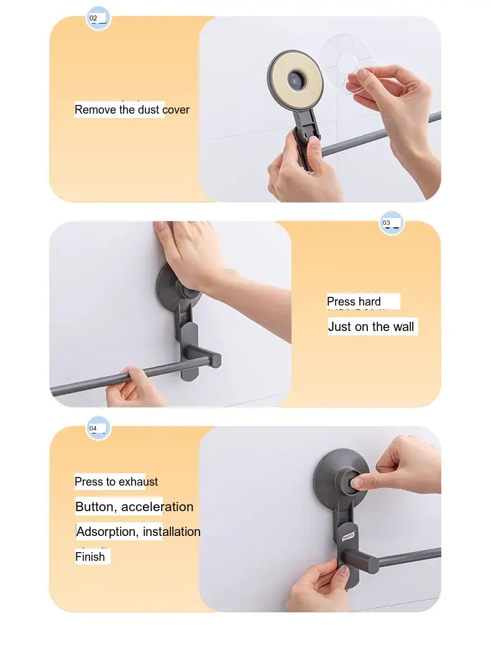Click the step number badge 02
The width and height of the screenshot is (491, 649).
click(x=98, y=18)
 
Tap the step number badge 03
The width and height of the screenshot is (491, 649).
click(x=392, y=223)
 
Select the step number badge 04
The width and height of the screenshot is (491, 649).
click(x=98, y=429)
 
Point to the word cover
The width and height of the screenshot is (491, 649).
click(x=176, y=110)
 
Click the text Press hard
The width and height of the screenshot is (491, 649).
click(x=354, y=302)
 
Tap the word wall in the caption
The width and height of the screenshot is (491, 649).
click(x=403, y=327)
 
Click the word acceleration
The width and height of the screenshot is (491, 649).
click(x=157, y=507)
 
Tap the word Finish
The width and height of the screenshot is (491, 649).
click(x=90, y=556)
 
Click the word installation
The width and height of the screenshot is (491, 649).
click(x=172, y=532)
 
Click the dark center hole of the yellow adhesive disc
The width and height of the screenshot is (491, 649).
click(x=295, y=79)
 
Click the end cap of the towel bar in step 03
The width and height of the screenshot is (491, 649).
click(x=216, y=359)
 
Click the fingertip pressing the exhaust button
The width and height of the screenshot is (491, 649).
click(x=357, y=482)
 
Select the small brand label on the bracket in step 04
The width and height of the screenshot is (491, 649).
click(x=349, y=537)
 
